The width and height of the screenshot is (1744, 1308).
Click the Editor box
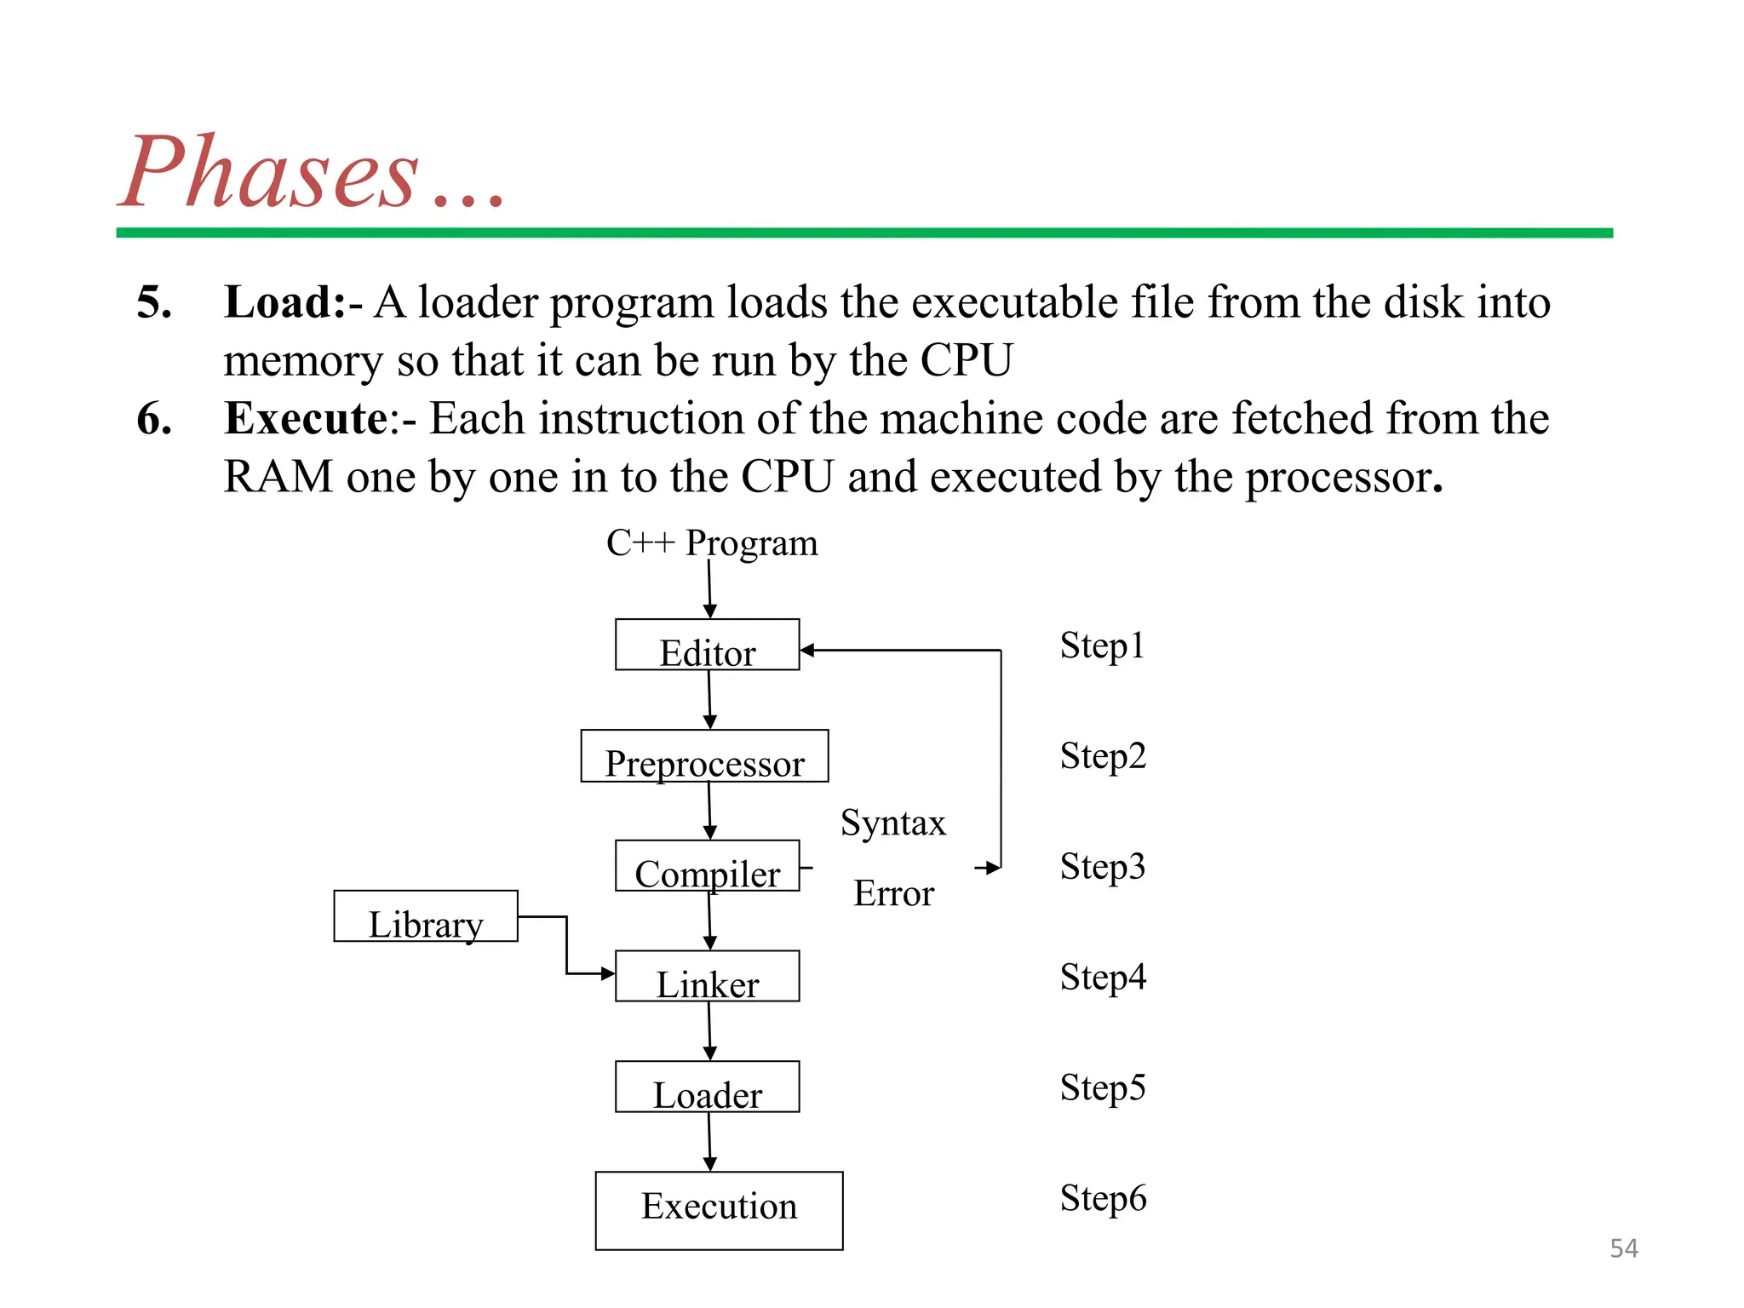tap(707, 645)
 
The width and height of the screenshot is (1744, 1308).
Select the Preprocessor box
tap(704, 756)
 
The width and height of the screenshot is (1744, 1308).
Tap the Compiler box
tap(707, 867)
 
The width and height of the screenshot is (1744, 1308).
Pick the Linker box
tap(707, 977)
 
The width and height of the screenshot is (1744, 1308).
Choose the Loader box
tap(707, 1087)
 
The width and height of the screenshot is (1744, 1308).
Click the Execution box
tap(719, 1210)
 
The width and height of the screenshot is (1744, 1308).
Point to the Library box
tap(426, 917)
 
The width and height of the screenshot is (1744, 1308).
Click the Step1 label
tap(1102, 645)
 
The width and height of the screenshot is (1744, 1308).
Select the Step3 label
tap(1102, 867)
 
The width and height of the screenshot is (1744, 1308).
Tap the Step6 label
tap(1103, 1198)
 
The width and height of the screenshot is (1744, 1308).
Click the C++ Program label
tap(712, 543)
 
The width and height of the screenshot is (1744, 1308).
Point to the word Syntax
tap(893, 823)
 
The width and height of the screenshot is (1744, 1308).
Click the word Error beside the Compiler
tap(893, 893)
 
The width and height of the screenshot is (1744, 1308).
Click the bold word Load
tap(284, 302)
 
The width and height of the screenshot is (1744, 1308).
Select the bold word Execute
tap(307, 419)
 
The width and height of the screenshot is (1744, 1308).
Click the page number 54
tap(1623, 1248)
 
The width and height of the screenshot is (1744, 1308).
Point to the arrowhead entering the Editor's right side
tap(807, 651)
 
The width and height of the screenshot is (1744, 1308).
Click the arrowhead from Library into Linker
tap(608, 973)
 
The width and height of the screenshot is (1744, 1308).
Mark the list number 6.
tap(153, 419)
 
